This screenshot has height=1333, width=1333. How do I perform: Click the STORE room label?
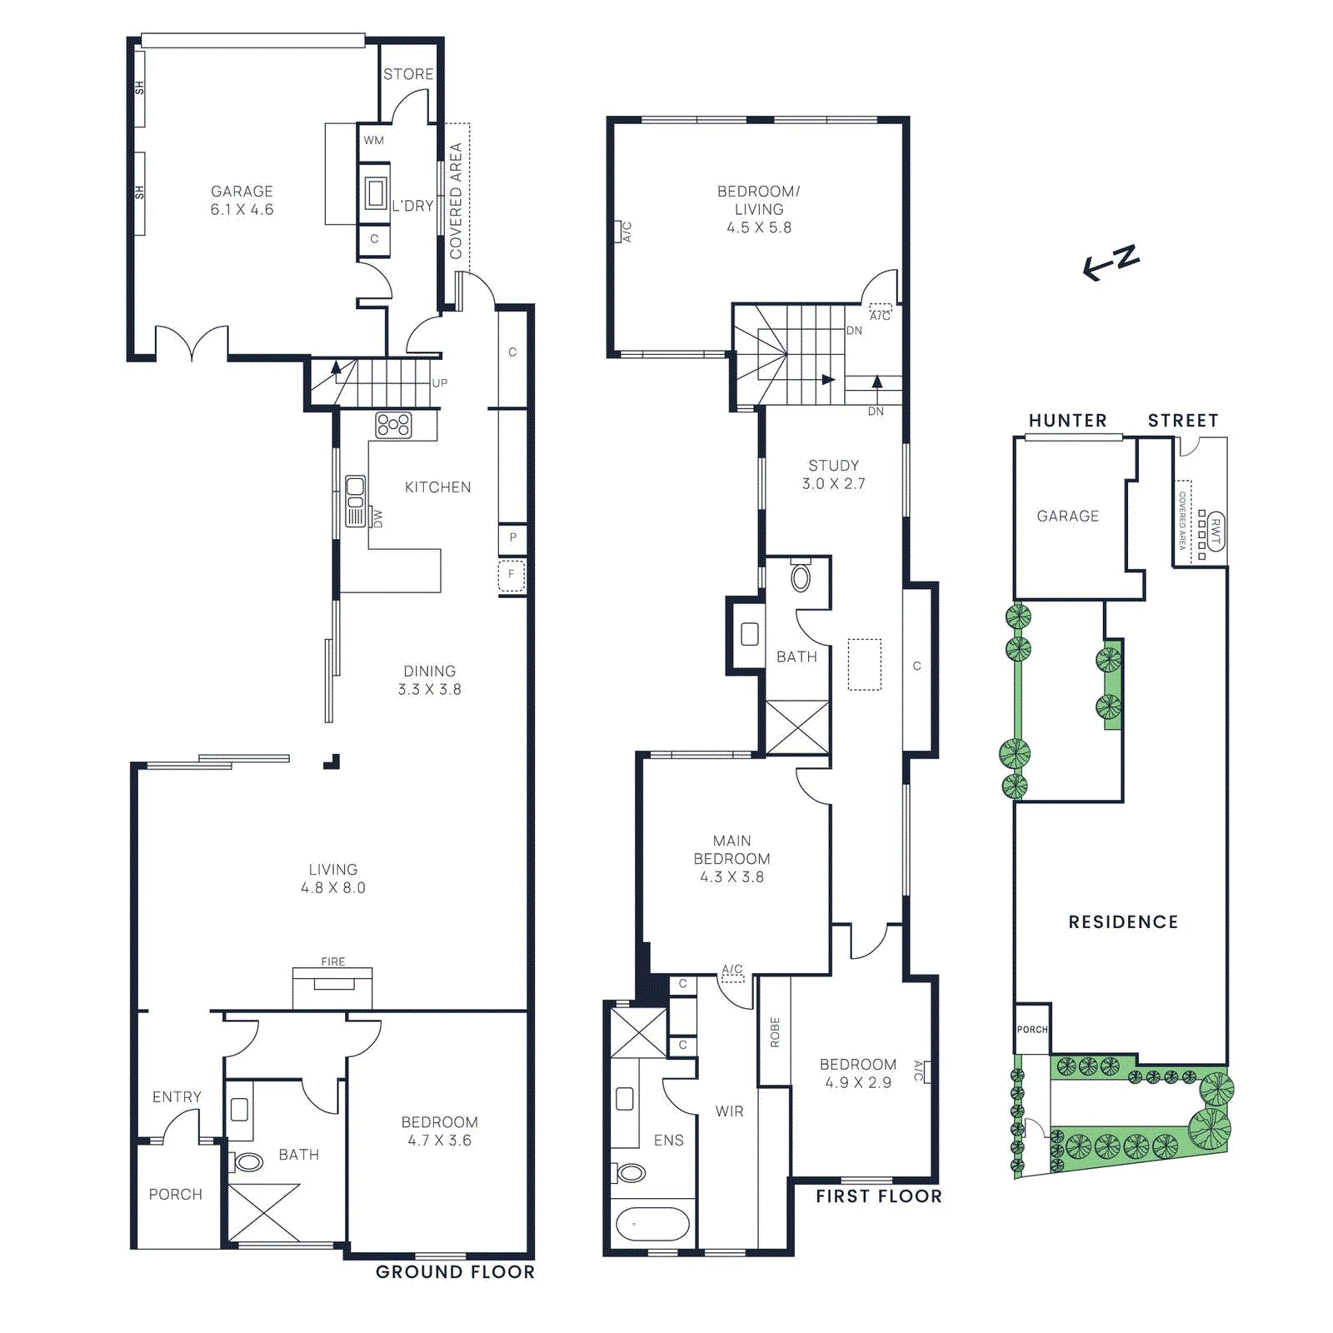tap(408, 74)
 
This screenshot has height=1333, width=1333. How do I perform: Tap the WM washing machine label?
tap(373, 140)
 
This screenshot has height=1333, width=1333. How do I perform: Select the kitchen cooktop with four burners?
tap(393, 425)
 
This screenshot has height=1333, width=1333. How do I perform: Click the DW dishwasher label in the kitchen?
tap(378, 519)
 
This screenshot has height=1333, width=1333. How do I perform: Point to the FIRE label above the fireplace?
tap(333, 961)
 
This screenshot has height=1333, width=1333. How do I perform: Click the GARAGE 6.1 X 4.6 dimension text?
tap(242, 210)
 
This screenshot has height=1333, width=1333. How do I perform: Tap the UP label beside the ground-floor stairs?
tap(440, 383)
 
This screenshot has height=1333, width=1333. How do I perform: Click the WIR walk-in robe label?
tap(729, 1111)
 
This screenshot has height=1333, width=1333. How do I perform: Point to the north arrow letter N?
tap(1127, 257)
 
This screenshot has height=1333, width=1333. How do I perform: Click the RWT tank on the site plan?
tap(1216, 532)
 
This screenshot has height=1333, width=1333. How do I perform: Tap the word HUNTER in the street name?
tap(1067, 421)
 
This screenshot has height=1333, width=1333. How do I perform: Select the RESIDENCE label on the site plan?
tap(1123, 922)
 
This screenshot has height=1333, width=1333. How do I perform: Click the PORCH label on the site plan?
tap(1032, 1030)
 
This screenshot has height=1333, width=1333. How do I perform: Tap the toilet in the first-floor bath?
tap(801, 577)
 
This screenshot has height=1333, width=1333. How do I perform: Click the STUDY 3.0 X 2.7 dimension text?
tap(833, 484)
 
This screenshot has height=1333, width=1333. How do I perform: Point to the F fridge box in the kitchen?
tap(512, 575)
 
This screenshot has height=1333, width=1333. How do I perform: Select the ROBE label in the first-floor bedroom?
tap(775, 1032)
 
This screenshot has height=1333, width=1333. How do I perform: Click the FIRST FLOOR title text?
tap(878, 1196)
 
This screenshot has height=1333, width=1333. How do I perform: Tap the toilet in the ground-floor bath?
tap(248, 1161)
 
